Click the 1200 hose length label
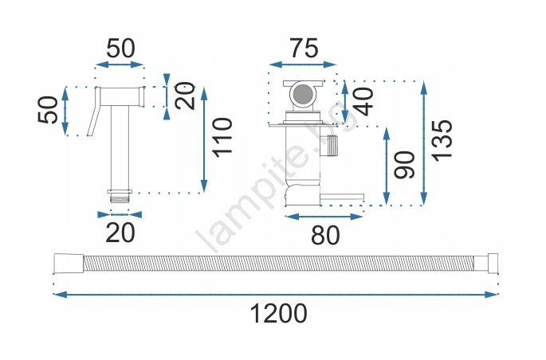278,313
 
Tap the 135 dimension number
442,140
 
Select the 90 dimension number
405,165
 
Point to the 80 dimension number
325,235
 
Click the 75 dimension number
304,48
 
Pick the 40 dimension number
363,102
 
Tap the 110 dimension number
222,138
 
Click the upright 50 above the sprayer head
120,49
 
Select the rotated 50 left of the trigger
48,110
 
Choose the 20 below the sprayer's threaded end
120,233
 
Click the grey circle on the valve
302,94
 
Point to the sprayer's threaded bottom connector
120,196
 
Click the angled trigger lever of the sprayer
94,112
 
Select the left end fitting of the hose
69,264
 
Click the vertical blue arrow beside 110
204,140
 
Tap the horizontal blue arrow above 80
324,217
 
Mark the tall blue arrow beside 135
424,143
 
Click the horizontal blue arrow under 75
303,65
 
